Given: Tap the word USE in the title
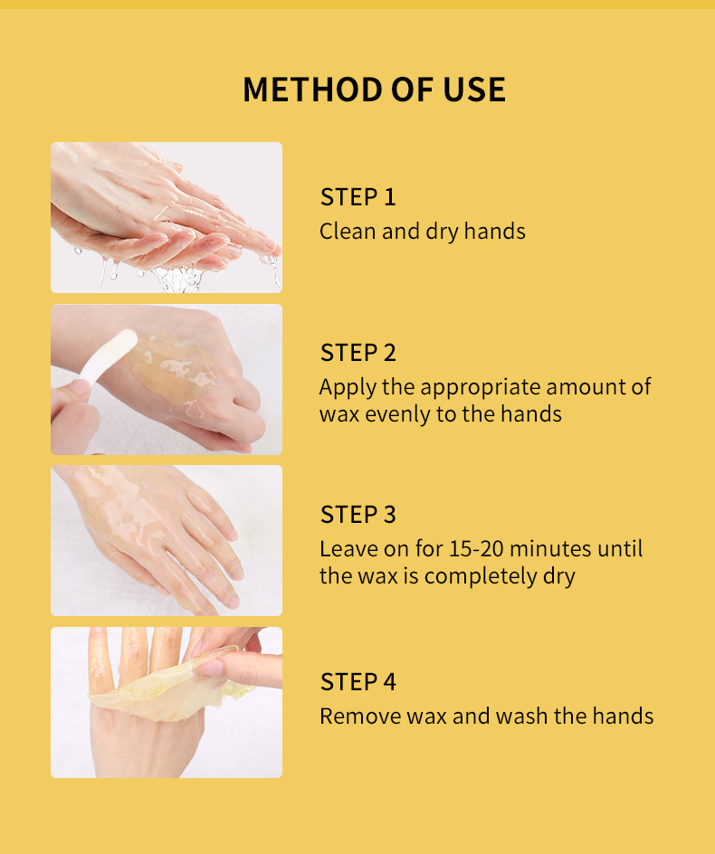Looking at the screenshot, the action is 474,90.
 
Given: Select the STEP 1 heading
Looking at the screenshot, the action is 357,197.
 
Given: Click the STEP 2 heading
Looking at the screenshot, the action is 358,353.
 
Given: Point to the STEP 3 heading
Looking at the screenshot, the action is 358,515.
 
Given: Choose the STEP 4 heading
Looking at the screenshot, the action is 358,682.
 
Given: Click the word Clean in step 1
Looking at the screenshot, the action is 348,232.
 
